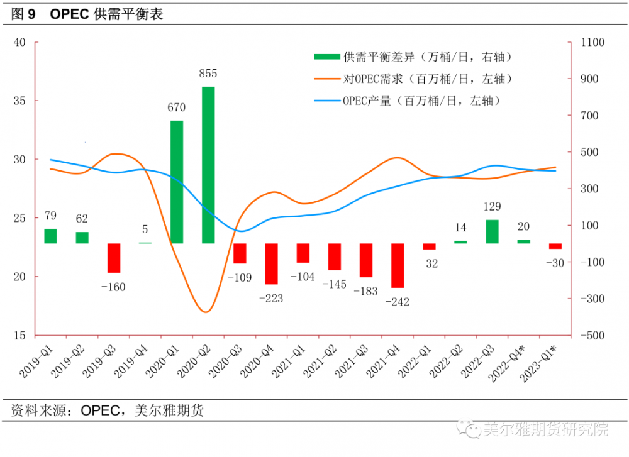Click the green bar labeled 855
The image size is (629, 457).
click(x=208, y=165)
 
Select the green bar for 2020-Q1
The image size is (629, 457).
click(x=177, y=182)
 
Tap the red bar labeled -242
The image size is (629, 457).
click(x=398, y=265)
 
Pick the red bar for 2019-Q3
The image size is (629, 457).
click(x=114, y=258)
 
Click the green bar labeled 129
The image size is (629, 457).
click(x=492, y=231)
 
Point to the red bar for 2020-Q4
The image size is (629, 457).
click(x=271, y=263)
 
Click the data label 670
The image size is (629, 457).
click(x=177, y=107)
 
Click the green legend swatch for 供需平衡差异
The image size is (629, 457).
click(x=327, y=57)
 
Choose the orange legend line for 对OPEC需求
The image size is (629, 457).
click(x=327, y=79)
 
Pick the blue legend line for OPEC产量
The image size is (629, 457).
click(x=327, y=100)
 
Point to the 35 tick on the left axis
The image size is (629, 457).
click(x=20, y=101)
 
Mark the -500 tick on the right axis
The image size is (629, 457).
click(x=592, y=335)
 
